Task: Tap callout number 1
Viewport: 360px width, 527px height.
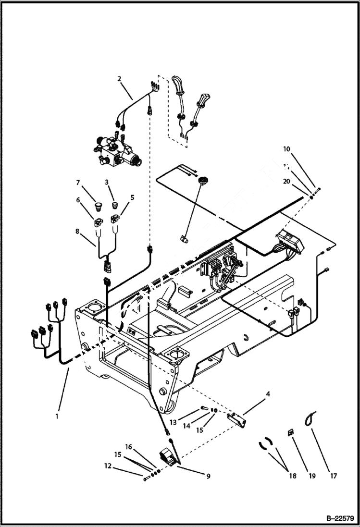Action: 57,417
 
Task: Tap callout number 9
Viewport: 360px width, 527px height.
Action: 208,477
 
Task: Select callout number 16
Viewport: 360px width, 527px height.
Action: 128,447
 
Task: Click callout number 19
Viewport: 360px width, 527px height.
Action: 311,476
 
